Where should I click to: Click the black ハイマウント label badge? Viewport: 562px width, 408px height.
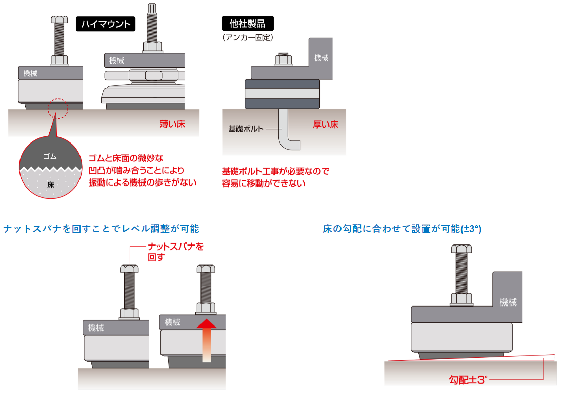(106, 24)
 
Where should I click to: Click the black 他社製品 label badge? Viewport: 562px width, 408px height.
(247, 24)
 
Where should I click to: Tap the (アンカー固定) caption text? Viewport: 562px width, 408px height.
(248, 37)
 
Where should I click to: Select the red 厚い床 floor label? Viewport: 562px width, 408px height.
(326, 125)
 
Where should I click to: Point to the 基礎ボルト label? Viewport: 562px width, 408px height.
(246, 129)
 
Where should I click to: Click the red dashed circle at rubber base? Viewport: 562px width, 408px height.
(57, 109)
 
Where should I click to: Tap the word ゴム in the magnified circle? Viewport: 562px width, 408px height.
(50, 157)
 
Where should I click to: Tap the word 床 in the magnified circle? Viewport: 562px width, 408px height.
(50, 183)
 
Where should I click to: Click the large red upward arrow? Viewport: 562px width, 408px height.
(206, 338)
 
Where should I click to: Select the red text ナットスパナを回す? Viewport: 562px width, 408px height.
(175, 252)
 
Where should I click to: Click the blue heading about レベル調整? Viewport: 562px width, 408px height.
(101, 229)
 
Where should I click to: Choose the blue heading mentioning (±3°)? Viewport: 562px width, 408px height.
(402, 229)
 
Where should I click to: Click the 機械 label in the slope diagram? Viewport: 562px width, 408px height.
(508, 302)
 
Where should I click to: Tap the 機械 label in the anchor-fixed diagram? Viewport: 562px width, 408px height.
(321, 58)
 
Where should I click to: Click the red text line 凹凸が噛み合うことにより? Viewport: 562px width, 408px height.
(136, 170)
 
